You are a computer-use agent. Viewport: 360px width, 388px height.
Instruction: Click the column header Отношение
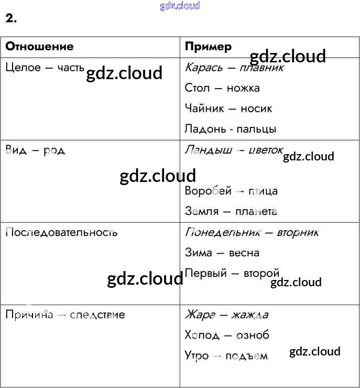[x=39, y=46]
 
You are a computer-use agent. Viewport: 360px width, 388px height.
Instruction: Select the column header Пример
[x=208, y=47]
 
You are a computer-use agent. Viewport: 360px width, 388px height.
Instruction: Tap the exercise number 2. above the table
[x=11, y=19]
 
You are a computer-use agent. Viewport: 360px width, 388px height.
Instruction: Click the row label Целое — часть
[x=45, y=67]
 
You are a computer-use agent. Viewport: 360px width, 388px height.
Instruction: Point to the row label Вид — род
[x=35, y=150]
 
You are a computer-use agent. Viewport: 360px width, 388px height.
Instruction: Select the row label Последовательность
[x=61, y=232]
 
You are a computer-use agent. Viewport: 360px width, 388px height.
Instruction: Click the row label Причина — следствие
[x=65, y=315]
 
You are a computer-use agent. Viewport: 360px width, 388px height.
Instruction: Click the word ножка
[x=243, y=88]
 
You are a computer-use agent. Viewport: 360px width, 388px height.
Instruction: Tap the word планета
[x=256, y=211]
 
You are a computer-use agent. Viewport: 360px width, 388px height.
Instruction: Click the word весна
[x=244, y=253]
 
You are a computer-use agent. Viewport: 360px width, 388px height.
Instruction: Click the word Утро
[x=197, y=355]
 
